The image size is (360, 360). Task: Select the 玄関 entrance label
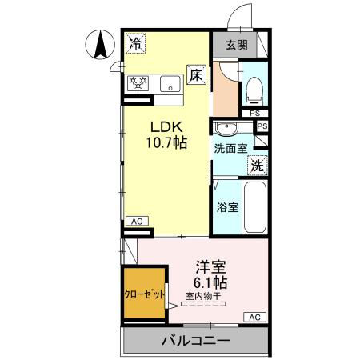[236, 44]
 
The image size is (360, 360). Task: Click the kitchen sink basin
[170, 82]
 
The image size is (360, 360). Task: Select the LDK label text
[166, 126]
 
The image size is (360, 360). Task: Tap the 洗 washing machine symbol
[257, 166]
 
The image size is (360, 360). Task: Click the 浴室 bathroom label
[228, 207]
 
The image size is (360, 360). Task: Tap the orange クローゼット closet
[145, 294]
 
